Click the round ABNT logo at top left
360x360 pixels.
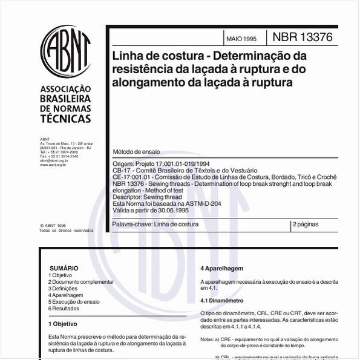click(65, 51)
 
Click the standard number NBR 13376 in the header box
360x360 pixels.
click(303, 38)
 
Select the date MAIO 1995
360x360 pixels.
click(241, 39)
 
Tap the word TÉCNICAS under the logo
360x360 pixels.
click(65, 119)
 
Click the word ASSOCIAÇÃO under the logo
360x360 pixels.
click(65, 88)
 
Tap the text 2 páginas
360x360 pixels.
click(306, 224)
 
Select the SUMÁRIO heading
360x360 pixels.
click(64, 268)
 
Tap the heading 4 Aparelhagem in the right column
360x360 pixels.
click(221, 268)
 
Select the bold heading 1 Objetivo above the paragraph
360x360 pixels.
click(63, 324)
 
